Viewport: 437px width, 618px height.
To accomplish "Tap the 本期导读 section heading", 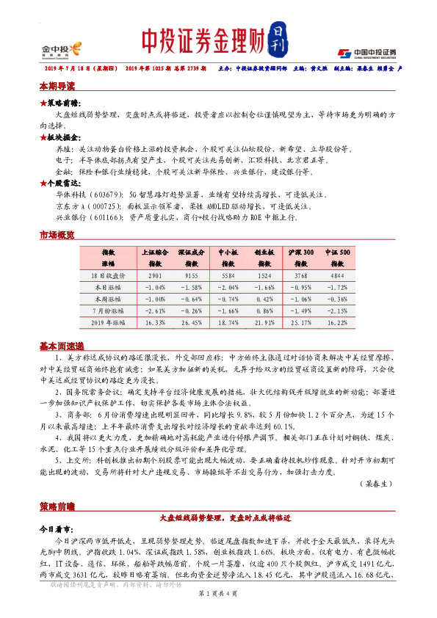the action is pyautogui.click(x=57, y=87).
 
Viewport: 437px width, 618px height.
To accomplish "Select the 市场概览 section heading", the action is pyautogui.click(x=57, y=235).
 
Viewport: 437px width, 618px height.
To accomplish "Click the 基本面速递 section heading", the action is pyautogui.click(x=62, y=346).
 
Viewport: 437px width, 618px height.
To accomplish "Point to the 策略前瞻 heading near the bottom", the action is pyautogui.click(x=57, y=506).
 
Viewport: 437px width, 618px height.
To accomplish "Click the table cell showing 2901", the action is pyautogui.click(x=155, y=275).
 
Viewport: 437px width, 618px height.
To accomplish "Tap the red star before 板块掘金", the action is pyautogui.click(x=42, y=137).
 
